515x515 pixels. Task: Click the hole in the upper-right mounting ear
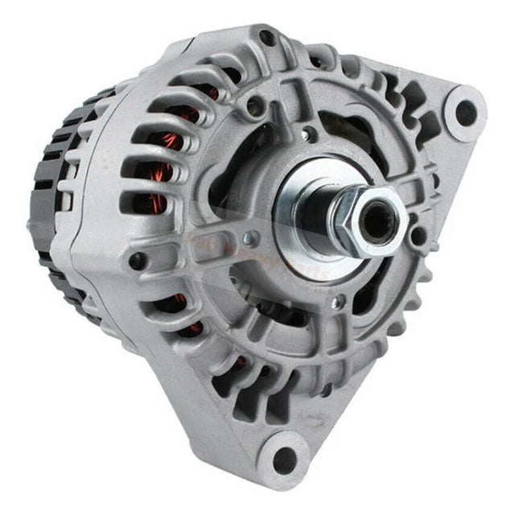466,112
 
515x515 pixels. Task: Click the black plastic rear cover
48,217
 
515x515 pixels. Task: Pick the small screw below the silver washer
341,302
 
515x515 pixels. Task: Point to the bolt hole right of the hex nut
418,235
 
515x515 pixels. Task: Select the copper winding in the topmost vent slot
208,90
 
